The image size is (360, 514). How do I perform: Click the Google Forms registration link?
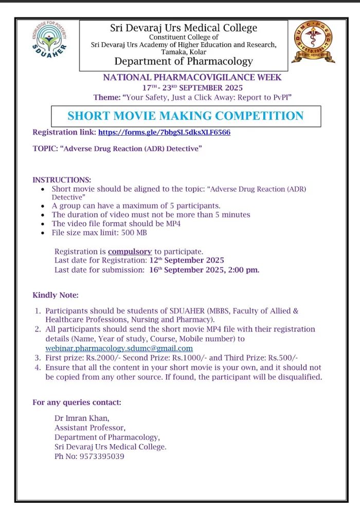[164, 132]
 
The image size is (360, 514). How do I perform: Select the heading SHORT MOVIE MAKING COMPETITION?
[186, 116]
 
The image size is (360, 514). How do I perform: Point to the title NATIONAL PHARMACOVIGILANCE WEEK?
[192, 78]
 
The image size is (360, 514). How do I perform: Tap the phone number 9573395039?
[102, 456]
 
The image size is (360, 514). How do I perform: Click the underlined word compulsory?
[130, 251]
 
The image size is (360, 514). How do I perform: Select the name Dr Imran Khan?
[82, 418]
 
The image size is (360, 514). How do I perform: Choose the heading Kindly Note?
[56, 295]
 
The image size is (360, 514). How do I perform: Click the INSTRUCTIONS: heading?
[62, 180]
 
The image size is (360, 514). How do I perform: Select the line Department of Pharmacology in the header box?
[184, 62]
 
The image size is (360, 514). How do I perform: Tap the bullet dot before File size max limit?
[43, 233]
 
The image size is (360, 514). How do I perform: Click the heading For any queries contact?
[77, 402]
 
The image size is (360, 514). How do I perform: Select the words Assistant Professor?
[89, 428]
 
